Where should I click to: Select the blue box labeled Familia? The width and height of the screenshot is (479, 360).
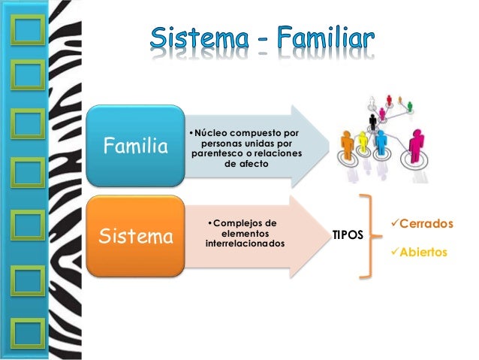[x=136, y=145]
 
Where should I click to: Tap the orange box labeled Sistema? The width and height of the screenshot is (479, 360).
[x=136, y=238]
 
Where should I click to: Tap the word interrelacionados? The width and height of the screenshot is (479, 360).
[x=244, y=245]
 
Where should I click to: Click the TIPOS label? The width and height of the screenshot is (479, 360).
[x=348, y=235]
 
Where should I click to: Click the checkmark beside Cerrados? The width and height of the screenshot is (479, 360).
[x=393, y=225]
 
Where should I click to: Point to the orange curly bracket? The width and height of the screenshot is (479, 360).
[x=367, y=236]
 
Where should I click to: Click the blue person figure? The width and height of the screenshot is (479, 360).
[x=381, y=143]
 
